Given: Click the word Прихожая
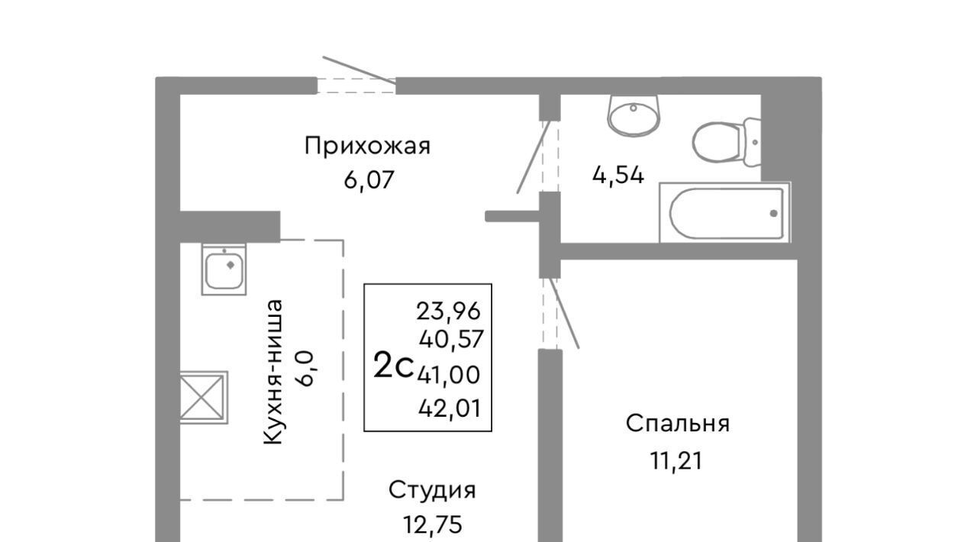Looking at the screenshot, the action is click(367, 147).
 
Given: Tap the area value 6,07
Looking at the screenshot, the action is click(369, 180).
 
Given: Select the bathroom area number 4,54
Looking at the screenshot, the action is click(618, 176).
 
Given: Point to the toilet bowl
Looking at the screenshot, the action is click(727, 142).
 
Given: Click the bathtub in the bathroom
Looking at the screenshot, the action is click(725, 212).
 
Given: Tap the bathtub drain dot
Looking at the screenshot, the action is click(774, 214).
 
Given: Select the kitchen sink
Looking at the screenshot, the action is click(224, 269).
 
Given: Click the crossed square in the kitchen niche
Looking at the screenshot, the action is click(204, 397).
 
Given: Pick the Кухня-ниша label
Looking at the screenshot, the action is click(274, 373).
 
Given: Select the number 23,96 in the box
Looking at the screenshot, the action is click(448, 311).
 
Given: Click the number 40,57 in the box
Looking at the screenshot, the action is click(451, 339).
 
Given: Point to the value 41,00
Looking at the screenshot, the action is click(449, 375).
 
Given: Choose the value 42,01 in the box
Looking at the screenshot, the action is click(450, 408).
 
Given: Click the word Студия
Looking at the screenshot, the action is click(432, 491).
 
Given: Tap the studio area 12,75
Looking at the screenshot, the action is click(433, 525).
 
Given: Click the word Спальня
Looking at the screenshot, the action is click(678, 424).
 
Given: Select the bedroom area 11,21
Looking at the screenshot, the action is click(676, 461).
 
